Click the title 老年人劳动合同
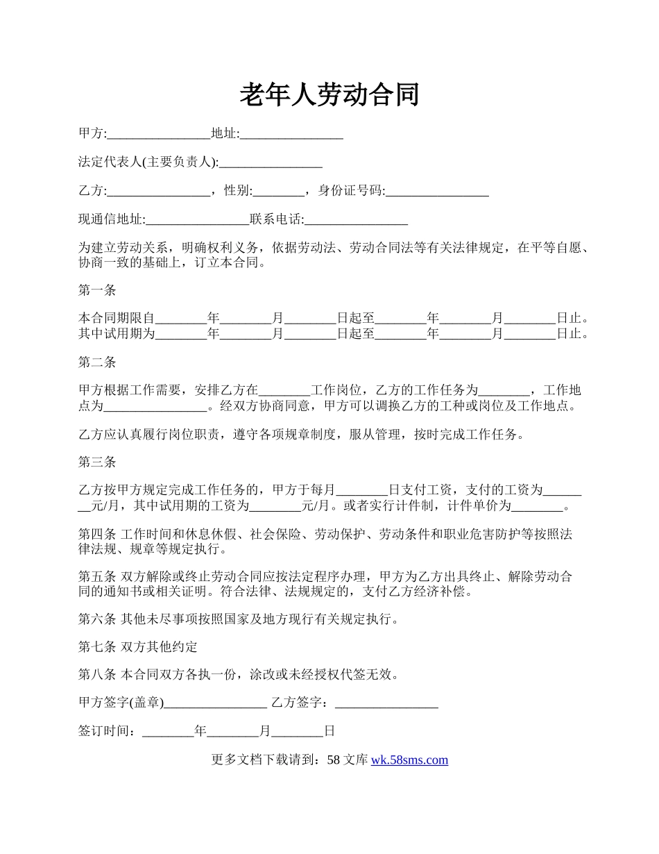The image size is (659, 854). tap(329, 94)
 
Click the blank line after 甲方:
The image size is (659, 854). tap(159, 134)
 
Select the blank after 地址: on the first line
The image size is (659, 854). tap(291, 134)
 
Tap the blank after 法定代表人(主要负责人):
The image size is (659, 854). tap(271, 162)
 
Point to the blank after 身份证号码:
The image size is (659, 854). tap(437, 191)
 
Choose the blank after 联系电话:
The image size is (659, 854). tap(356, 219)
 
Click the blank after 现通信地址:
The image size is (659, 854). tap(198, 219)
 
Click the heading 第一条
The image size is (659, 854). tap(97, 290)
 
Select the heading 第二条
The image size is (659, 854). tap(97, 362)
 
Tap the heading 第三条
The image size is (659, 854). tap(97, 462)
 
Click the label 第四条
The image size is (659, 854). tap(97, 534)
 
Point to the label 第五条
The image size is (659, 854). tap(97, 576)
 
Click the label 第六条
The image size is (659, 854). tap(97, 619)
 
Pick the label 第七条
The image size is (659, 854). tap(97, 647)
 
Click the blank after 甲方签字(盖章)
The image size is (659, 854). tap(216, 703)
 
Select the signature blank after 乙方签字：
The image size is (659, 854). tap(386, 703)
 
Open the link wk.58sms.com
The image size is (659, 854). tap(409, 760)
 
